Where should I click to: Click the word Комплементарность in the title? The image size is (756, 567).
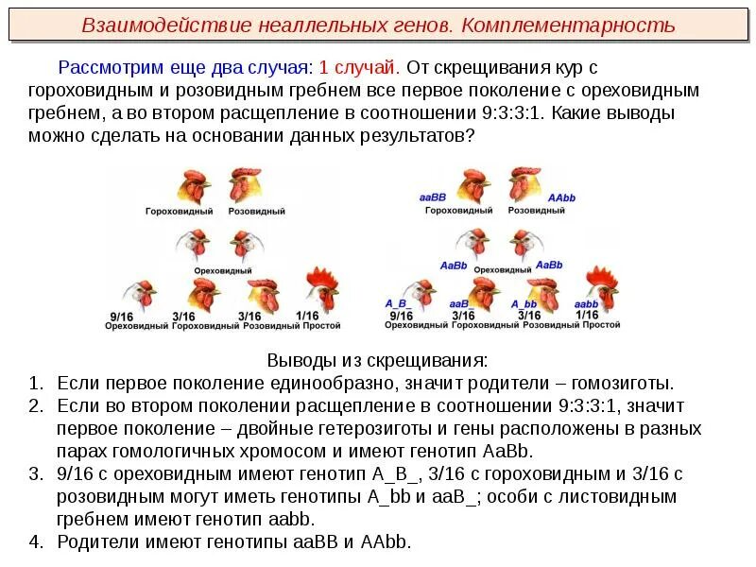point(568,25)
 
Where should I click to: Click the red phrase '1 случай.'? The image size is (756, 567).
point(359,69)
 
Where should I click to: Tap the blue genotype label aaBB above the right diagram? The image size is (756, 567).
point(432,198)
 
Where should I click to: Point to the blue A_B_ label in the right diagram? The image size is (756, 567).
point(396,302)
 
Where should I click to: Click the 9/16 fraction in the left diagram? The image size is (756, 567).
point(121,315)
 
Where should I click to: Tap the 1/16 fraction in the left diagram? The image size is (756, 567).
point(308,315)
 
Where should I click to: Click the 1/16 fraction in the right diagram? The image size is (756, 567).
point(588,314)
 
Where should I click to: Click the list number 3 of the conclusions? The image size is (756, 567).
point(35,473)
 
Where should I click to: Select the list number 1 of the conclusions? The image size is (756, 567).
point(35,384)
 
